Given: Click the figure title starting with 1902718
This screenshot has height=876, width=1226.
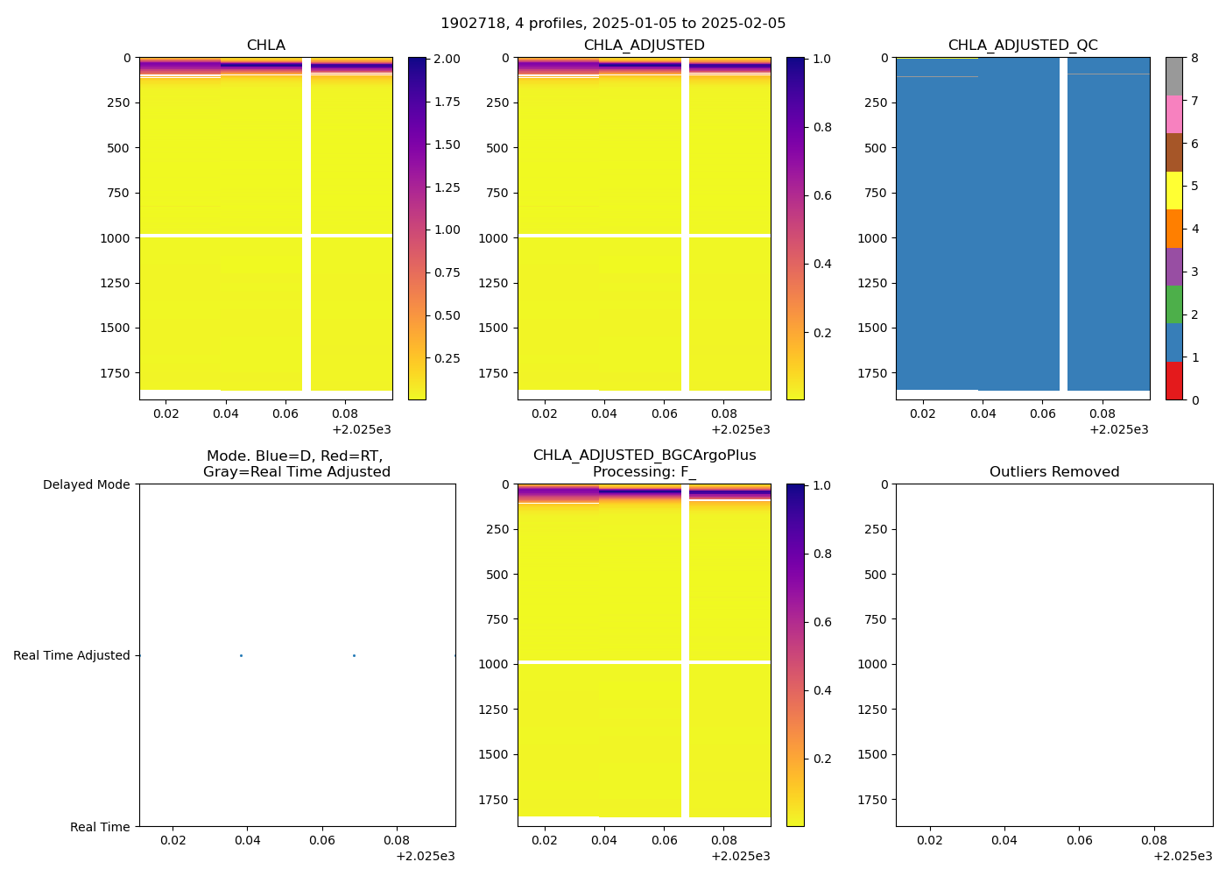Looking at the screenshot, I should click(x=613, y=24).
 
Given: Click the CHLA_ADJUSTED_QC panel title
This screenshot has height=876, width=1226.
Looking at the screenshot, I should click(x=1023, y=46).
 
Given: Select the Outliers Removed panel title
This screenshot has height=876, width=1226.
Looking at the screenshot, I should click(x=1054, y=472).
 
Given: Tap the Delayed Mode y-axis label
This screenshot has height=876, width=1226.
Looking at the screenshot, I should click(x=86, y=484).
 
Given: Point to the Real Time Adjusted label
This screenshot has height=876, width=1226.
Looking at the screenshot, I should click(x=72, y=655).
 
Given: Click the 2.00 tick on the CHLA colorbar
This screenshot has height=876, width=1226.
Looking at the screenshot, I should click(x=447, y=59).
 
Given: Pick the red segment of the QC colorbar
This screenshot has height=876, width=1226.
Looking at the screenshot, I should click(x=1173, y=381).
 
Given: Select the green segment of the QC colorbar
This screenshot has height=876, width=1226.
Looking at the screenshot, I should click(x=1173, y=305).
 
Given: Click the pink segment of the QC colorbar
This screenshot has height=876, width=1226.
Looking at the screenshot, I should click(x=1173, y=115).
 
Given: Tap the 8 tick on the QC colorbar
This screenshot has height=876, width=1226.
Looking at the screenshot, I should click(x=1195, y=59).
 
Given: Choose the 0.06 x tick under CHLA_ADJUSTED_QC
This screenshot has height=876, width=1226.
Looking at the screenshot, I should click(x=1042, y=413).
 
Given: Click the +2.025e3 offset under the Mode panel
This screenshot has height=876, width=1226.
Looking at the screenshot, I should click(x=426, y=856).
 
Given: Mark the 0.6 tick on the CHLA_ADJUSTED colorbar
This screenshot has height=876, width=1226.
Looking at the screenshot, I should click(x=822, y=195).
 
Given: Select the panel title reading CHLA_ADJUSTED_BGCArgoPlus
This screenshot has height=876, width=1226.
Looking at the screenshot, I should click(x=645, y=456).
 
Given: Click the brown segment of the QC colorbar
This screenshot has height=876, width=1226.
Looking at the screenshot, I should click(x=1173, y=152).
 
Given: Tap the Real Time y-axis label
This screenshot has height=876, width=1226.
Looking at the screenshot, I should click(x=100, y=827).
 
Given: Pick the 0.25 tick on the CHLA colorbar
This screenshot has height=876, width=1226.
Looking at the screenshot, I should click(x=447, y=358).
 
